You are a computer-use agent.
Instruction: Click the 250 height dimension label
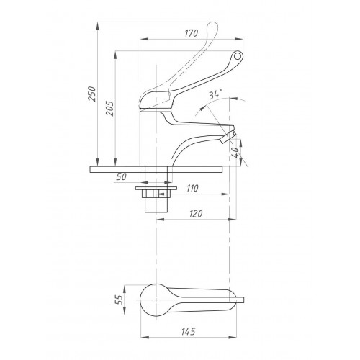pos(93,94)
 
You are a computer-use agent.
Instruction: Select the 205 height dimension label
pos(110,109)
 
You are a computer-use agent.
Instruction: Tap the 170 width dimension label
pos(192,33)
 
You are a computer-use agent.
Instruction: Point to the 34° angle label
pos(215,94)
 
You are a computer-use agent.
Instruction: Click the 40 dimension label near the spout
pos(235,152)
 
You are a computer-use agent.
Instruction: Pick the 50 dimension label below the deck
pos(122,177)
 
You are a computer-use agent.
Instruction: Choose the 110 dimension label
pos(192,188)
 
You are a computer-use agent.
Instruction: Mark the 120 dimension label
pos(196,214)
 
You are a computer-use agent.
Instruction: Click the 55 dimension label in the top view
pos(120,300)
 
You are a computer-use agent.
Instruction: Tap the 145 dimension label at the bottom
pos(189,331)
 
